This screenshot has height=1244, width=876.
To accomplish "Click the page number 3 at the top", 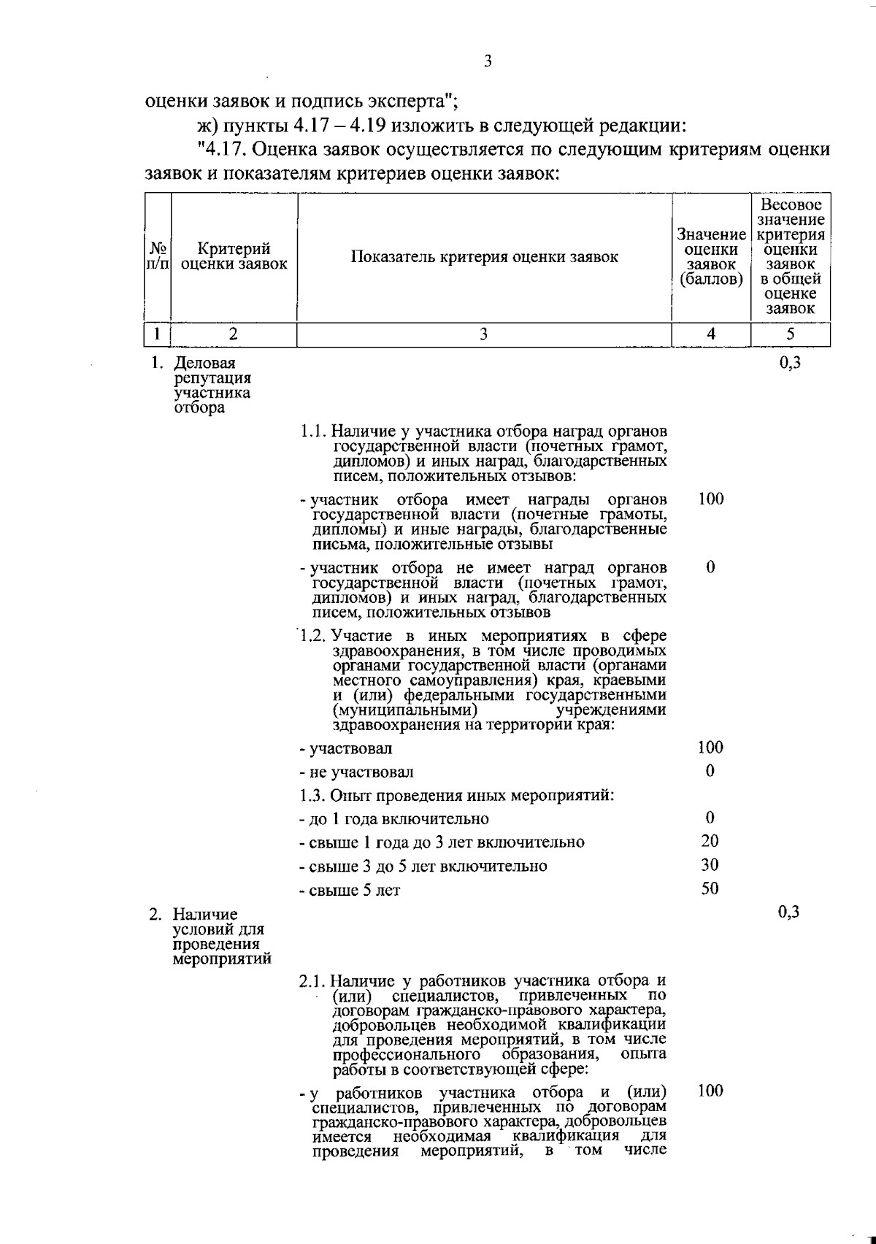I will (x=488, y=61).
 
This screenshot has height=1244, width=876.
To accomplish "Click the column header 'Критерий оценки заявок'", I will (x=234, y=257).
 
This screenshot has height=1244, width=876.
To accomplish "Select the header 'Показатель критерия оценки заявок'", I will (x=484, y=257).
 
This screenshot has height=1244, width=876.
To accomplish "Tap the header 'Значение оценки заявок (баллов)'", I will (x=711, y=257).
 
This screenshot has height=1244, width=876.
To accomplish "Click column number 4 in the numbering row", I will (x=711, y=334).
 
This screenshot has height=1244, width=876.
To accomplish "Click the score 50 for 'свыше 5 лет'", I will (x=710, y=888).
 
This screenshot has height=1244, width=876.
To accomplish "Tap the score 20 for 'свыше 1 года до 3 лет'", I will (x=710, y=841).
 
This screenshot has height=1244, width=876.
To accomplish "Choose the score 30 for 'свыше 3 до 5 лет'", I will (x=710, y=865).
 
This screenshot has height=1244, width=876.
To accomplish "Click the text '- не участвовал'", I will (x=356, y=772).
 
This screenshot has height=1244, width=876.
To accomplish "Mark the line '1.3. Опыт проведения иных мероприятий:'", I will (x=456, y=795).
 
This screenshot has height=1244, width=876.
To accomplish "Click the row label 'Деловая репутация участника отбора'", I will (x=212, y=385).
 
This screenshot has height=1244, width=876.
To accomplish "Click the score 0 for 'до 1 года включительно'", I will (x=710, y=818).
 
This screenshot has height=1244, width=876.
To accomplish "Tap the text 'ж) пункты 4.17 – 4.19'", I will (x=285, y=126).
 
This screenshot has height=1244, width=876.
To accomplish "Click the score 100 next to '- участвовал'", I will (x=710, y=748).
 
